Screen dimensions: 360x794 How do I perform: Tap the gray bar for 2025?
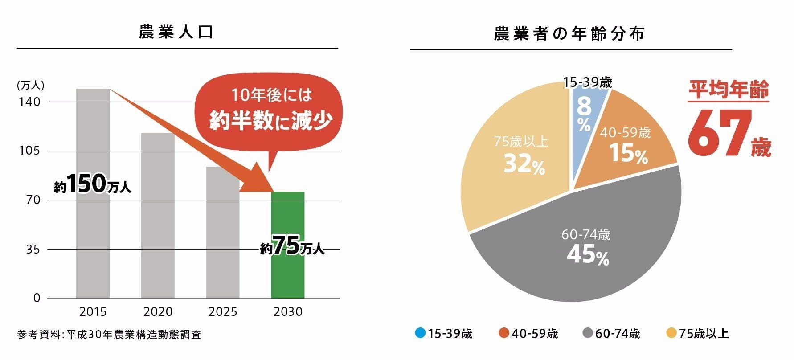pos(222,241)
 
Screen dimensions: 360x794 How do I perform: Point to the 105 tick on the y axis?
pos(29,151)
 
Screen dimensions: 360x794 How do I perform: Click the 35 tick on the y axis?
pos(33,250)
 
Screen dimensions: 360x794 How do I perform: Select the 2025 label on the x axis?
pos(223,312)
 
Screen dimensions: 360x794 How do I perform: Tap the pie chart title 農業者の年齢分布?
pos(569,34)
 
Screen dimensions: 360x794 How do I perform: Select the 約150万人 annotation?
pos(93,184)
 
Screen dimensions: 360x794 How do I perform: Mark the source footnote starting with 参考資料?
pos(109,334)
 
